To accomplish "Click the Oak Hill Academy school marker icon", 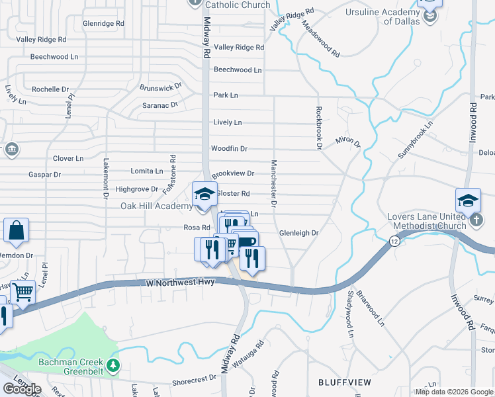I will (x=204, y=194).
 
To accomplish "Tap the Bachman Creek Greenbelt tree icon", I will (x=114, y=365).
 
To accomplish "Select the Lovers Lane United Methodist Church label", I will (x=419, y=222).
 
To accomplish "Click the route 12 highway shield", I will (x=394, y=241).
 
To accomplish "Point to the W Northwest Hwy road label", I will (x=181, y=283).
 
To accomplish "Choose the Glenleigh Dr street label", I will (x=299, y=233).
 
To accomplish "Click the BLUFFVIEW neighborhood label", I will (x=342, y=382).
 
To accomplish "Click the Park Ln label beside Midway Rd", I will (x=226, y=95).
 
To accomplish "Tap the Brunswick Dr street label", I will (x=160, y=87).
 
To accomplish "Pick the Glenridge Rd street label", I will (x=103, y=23).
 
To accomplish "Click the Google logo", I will (x=22, y=388).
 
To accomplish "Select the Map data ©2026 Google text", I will (x=453, y=392).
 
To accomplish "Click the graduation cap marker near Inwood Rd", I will (x=468, y=200).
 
